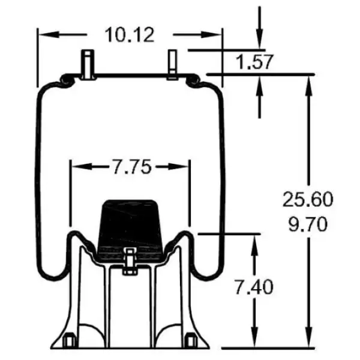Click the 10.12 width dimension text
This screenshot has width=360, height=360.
(x=130, y=34)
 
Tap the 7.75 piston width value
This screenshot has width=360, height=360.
(x=130, y=166)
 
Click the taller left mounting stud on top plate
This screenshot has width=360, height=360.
(x=89, y=63)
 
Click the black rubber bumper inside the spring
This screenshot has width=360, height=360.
(x=130, y=222)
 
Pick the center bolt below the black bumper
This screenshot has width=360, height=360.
(x=130, y=260)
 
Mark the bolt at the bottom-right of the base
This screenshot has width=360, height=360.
(x=192, y=341)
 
